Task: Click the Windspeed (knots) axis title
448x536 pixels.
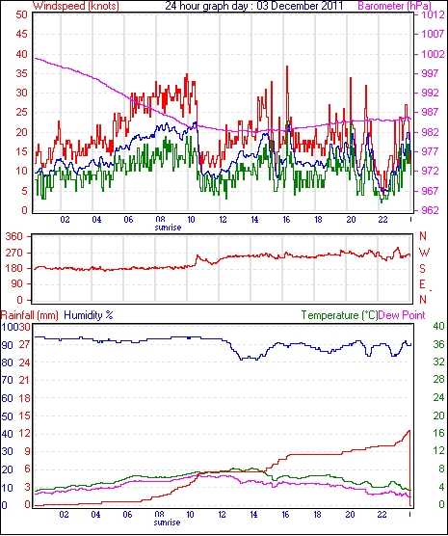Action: [76, 6]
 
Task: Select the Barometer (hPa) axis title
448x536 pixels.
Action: [395, 6]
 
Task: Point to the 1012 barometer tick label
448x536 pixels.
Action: [431, 15]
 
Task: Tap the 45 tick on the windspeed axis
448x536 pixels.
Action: [21, 34]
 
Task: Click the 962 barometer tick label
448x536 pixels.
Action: [428, 210]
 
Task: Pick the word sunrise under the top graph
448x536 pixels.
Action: [168, 228]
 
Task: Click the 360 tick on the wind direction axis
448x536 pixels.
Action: [14, 236]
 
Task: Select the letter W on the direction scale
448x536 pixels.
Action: [424, 253]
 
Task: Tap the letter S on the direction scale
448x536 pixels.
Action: [423, 269]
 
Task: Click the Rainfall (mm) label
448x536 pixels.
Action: [30, 315]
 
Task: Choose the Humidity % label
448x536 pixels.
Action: [89, 315]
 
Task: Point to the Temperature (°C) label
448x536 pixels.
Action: [339, 315]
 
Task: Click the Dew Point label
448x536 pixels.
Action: [402, 315]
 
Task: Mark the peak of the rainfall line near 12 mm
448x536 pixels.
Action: [409, 430]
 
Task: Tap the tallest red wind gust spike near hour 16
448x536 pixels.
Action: [287, 66]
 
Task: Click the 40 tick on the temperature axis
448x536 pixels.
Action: [438, 326]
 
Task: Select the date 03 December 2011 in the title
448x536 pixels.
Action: [300, 6]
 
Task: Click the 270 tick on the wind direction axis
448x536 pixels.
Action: [14, 254]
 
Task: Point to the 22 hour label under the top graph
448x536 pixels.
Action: [382, 220]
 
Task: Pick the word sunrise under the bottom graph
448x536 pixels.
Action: [167, 523]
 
